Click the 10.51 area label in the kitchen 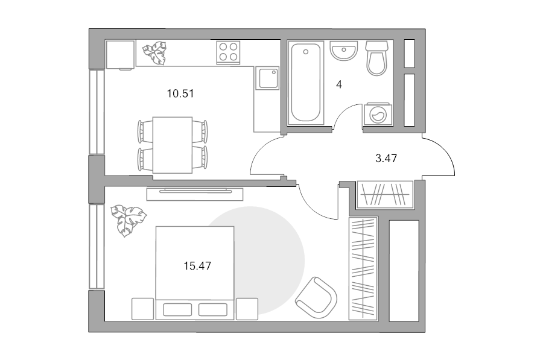pos(180,93)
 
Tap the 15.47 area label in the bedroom pos(197,266)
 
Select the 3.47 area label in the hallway pos(386,159)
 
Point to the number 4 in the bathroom pos(339,84)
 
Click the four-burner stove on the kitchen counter pos(228,52)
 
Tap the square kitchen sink pos(267,78)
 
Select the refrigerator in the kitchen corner pos(120,55)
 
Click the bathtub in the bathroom pos(305,83)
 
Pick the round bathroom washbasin pos(343,51)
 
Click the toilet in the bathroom pos(376,58)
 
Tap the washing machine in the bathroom pos(378,113)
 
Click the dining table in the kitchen pos(173,145)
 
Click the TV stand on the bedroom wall pos(195,194)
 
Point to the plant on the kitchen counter pos(155,53)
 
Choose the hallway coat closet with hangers pos(385,195)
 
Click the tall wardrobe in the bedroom pos(363,268)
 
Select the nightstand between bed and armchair pos(247,309)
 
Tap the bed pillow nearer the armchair pos(213,309)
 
